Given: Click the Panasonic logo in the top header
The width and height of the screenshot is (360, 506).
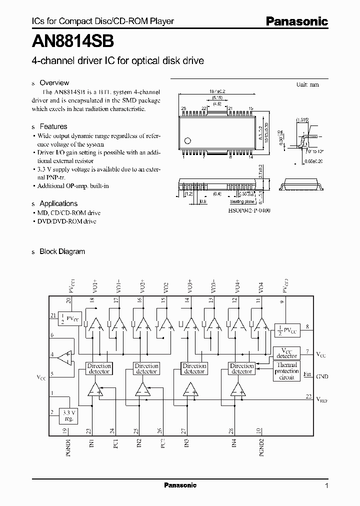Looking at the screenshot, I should coord(296,21).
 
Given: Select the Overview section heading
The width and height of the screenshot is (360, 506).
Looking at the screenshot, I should coord(54,83).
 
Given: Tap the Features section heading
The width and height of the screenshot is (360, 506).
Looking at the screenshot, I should coord(53,127).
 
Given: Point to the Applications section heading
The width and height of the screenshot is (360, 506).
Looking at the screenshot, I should coord(58,203).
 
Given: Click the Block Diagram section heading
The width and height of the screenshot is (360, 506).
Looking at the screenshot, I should coord(62,251).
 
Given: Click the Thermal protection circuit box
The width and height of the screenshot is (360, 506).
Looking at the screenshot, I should coord(287,371).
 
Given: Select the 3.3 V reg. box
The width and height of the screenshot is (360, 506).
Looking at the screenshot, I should coord(68,415).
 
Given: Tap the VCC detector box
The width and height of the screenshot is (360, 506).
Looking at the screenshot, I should coord(287,353).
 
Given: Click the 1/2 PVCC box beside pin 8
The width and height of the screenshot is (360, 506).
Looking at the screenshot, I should coord(285,329).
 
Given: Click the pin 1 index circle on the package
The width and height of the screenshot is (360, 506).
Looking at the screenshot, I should coord(187,140).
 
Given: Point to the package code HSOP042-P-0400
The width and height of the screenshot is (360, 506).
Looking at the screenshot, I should coord(249,210).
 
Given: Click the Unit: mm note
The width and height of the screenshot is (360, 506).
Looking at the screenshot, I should coord(307,85).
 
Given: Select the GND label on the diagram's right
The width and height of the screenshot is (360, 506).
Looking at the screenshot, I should coord(322,376).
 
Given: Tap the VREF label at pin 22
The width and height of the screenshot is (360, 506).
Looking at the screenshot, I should coord(322,399).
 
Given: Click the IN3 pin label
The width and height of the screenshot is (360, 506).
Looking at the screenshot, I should coord(186,444).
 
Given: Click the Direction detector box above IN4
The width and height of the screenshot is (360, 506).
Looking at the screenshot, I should coord(242,368).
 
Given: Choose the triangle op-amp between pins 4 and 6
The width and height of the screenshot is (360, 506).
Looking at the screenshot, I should coord(63,356).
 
